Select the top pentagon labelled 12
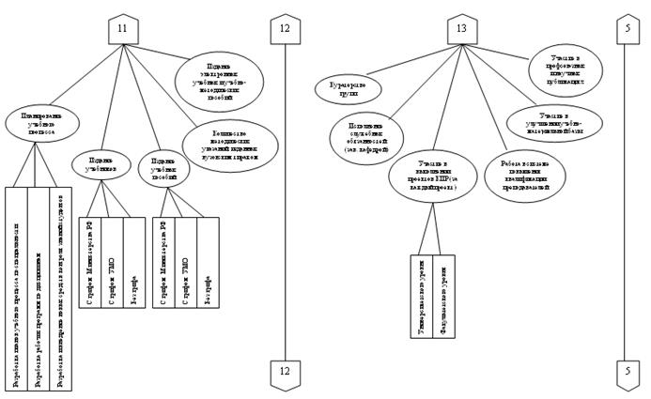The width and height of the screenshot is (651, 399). (x=285, y=30)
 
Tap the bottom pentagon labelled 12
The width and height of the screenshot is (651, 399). (x=285, y=372)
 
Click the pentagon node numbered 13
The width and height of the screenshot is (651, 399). (x=461, y=30)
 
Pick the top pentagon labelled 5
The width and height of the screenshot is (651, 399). (x=627, y=30)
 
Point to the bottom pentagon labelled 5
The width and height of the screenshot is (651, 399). (x=627, y=372)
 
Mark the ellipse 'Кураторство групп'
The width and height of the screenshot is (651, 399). (x=348, y=88)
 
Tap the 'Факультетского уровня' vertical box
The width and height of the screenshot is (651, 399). (x=444, y=294)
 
